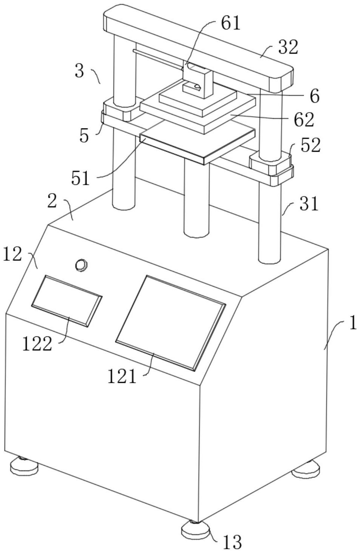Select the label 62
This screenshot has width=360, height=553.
[303, 120]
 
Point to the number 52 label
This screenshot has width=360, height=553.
[310, 145]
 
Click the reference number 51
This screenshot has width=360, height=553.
[80, 178]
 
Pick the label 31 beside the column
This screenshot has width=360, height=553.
[309, 204]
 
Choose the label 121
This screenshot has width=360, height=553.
[122, 376]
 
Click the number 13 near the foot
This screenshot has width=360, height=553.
[232, 542]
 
